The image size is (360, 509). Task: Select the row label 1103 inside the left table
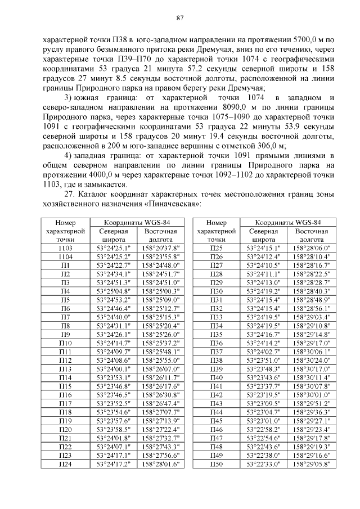pos(65,247)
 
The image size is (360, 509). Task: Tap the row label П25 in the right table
pos(216,247)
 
